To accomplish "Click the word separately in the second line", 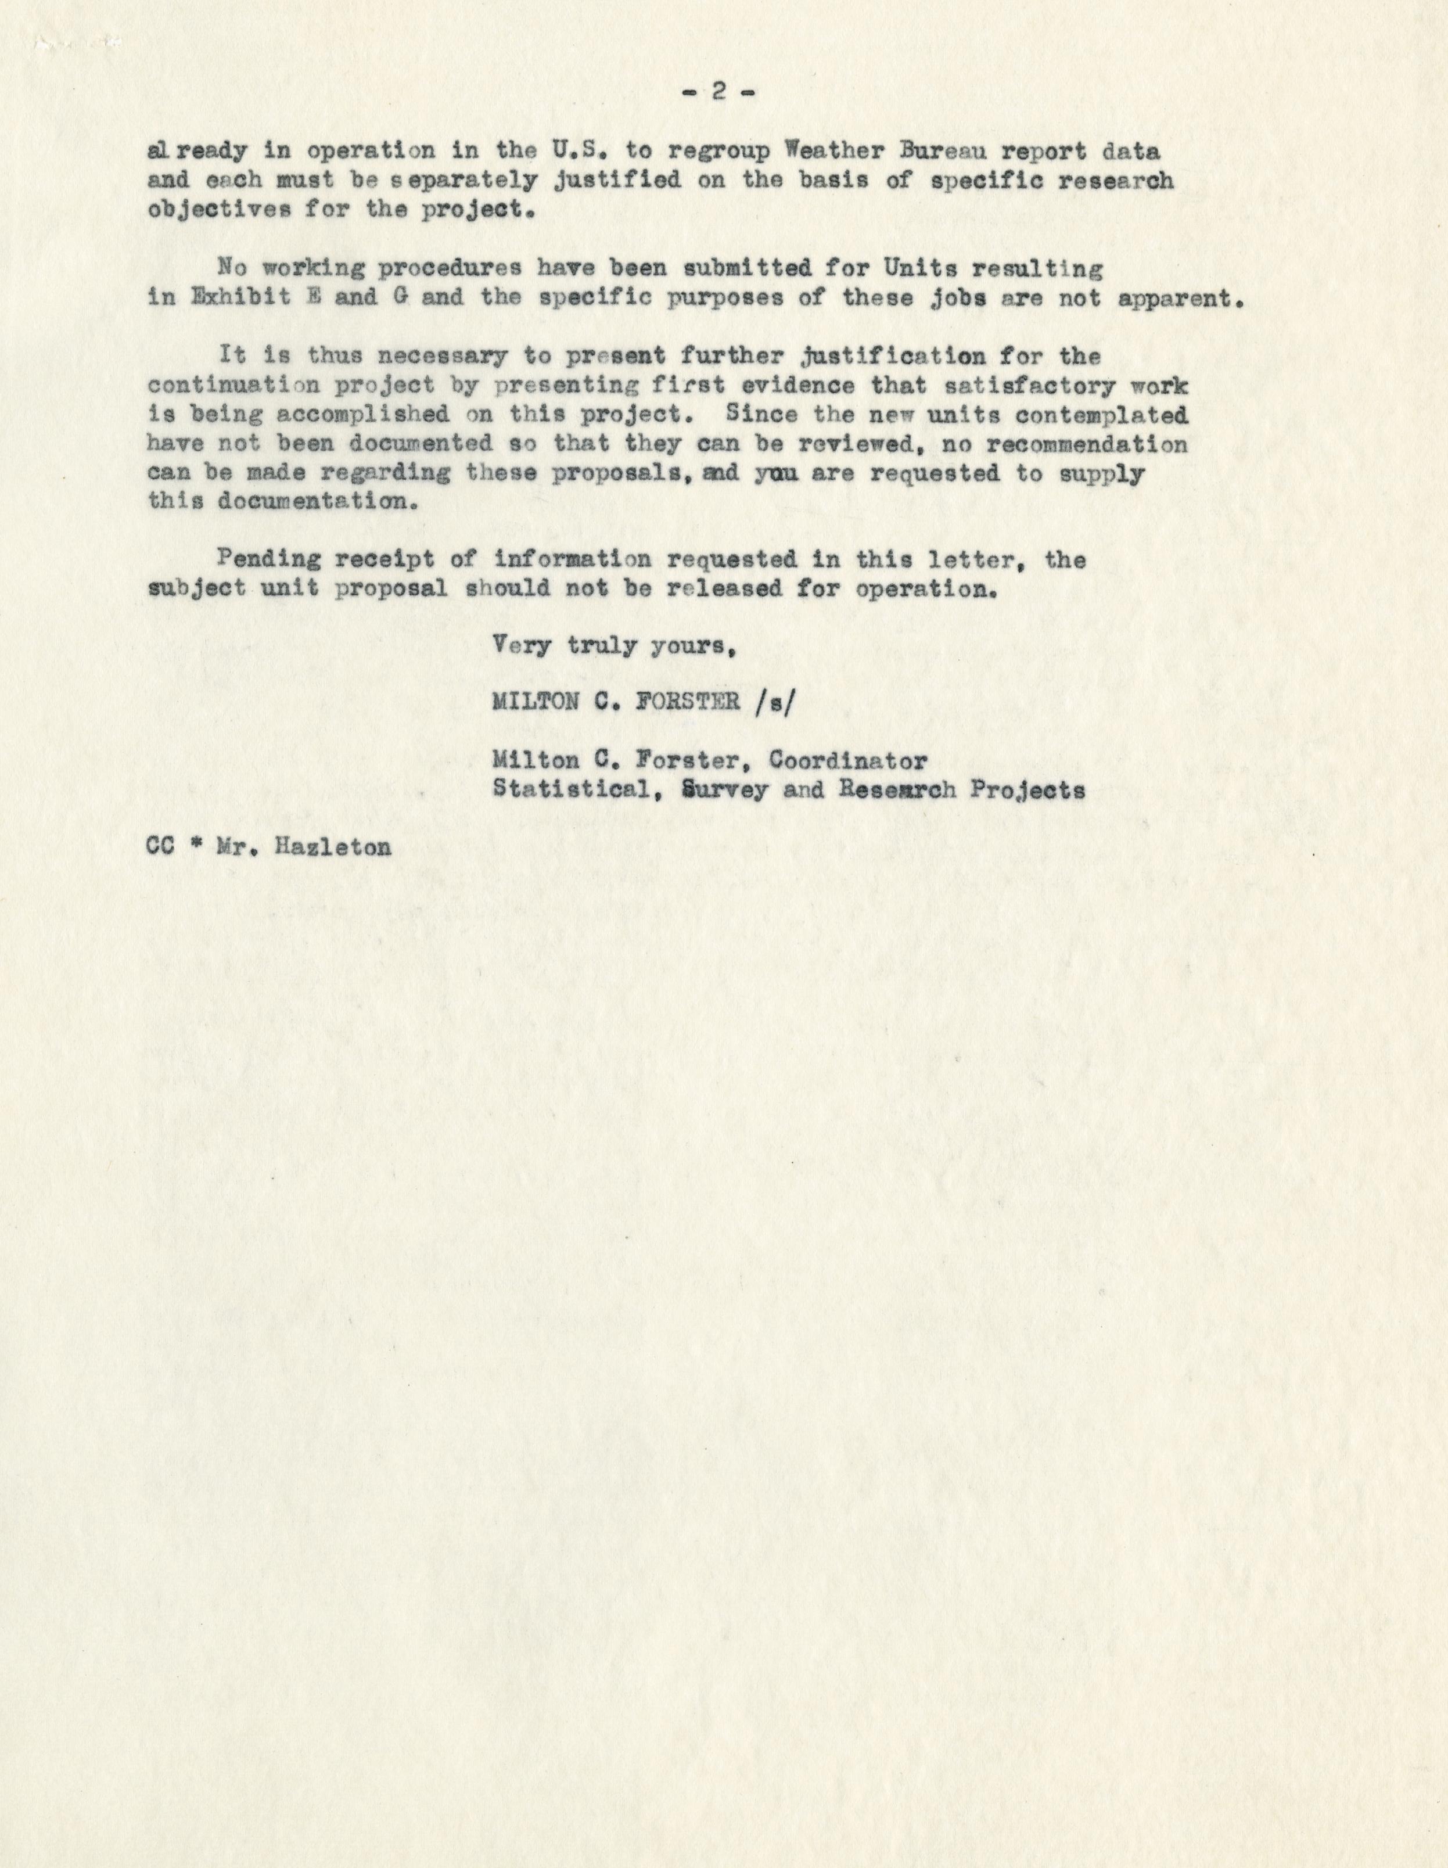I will point(451,181).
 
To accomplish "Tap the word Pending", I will point(268,561).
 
